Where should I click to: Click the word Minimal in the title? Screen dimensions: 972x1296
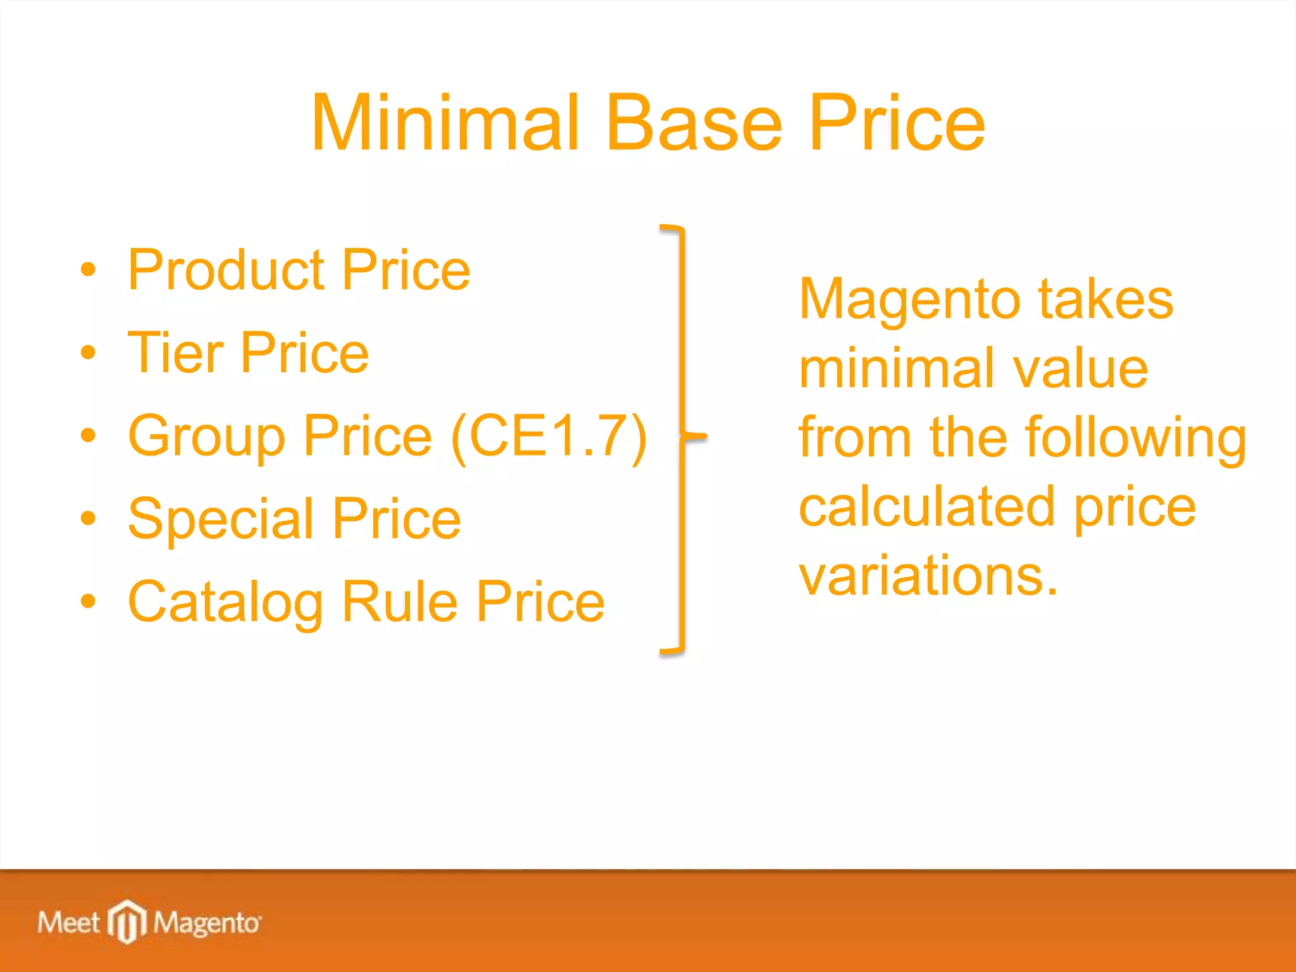(445, 123)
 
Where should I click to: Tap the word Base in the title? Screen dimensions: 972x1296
(694, 123)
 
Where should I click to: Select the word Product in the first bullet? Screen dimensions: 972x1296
(225, 271)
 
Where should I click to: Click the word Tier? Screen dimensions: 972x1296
(175, 353)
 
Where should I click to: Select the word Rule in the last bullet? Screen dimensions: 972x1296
(399, 602)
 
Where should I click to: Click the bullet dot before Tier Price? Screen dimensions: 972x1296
(88, 352)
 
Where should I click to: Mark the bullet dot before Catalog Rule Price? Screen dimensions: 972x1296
(88, 601)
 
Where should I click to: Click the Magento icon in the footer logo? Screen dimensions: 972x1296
(127, 921)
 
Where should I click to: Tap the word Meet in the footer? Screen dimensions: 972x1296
(68, 923)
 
